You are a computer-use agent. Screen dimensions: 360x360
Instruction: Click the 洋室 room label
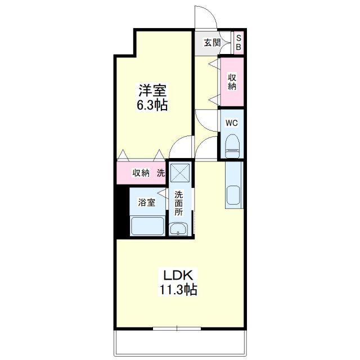152,90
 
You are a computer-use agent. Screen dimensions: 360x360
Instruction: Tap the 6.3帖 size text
152,105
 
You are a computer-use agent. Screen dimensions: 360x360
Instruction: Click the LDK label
178,275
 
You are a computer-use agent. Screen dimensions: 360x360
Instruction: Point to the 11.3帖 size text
178,289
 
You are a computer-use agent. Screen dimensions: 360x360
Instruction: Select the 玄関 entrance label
213,43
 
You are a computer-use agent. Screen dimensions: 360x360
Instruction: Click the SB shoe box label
238,43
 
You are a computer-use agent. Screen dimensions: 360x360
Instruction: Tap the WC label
231,123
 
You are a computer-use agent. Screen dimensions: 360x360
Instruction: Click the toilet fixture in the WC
232,146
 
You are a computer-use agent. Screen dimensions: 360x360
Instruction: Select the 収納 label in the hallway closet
232,82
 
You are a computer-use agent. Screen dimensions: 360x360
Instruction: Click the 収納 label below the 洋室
141,173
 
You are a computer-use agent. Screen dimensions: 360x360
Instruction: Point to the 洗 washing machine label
161,173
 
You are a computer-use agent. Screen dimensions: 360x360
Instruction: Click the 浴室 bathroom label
146,202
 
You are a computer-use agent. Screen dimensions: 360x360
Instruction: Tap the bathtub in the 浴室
147,226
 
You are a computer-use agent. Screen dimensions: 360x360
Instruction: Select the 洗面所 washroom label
179,204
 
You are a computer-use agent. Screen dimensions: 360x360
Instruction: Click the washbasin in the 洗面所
178,229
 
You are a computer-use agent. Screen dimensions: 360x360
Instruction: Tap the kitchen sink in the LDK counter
233,195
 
